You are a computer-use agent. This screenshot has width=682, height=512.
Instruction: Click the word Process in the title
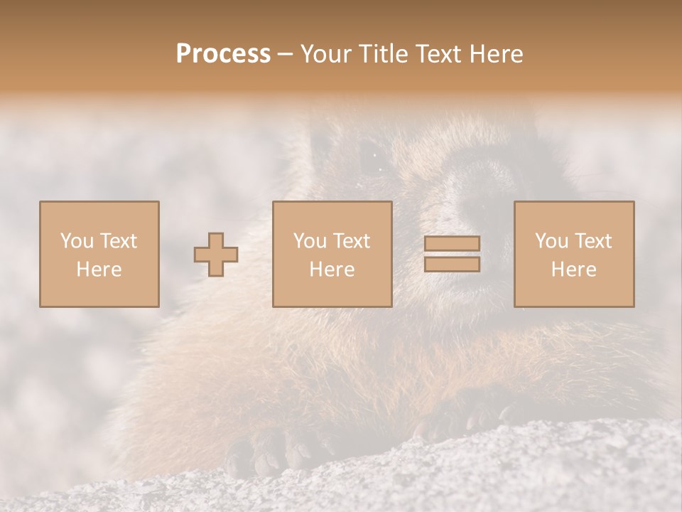pyautogui.click(x=223, y=54)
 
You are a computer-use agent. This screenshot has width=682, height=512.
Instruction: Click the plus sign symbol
pyautogui.click(x=216, y=255)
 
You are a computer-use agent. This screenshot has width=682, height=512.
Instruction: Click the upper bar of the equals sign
pyautogui.click(x=452, y=243)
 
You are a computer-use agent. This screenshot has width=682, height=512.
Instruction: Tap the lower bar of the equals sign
pyautogui.click(x=452, y=265)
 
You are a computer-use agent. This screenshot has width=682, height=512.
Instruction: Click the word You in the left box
pyautogui.click(x=76, y=241)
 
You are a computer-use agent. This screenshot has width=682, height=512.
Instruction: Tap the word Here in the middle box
pyautogui.click(x=332, y=270)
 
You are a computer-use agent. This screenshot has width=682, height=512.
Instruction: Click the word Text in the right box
pyautogui.click(x=593, y=241)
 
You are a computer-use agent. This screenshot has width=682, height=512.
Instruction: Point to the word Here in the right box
pyautogui.click(x=574, y=270)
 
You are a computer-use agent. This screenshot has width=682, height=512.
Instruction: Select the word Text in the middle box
pyautogui.click(x=352, y=241)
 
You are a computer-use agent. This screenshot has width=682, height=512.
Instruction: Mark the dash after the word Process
pyautogui.click(x=286, y=55)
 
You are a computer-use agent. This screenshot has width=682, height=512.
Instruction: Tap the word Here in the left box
pyautogui.click(x=99, y=270)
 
